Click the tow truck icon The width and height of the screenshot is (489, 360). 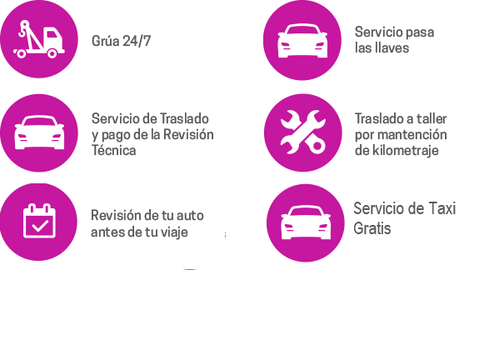click(39, 39)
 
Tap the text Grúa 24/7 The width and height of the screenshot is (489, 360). click(122, 41)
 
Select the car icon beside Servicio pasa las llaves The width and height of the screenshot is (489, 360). click(302, 41)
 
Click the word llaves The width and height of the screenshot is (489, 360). click(392, 48)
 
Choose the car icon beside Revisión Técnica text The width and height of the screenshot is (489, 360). click(39, 132)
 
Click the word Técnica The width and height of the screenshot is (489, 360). click(114, 150)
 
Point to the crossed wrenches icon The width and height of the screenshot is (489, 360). click(303, 132)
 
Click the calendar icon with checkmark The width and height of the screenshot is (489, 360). click(39, 221)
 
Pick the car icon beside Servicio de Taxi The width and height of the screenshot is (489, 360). click(306, 222)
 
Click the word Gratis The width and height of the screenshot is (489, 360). click(372, 228)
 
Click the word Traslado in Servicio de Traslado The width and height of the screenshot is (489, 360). click(184, 118)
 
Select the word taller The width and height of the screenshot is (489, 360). click(432, 118)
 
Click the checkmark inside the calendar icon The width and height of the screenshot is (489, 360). click(41, 225)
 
